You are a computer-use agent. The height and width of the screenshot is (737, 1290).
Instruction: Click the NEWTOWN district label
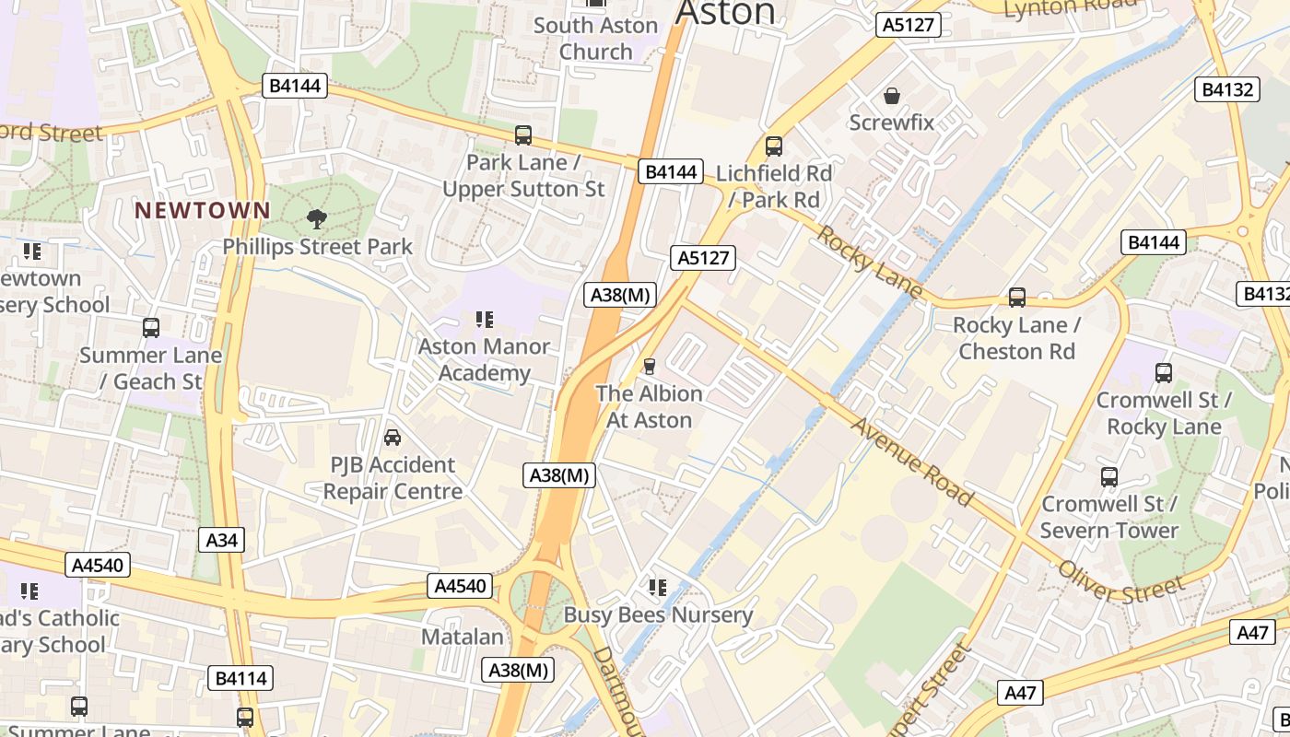pyautogui.click(x=203, y=210)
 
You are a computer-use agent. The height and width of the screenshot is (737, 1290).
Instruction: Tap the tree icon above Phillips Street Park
pyautogui.click(x=317, y=219)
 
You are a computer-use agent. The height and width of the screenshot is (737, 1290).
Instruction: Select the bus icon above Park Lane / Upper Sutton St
pyautogui.click(x=523, y=135)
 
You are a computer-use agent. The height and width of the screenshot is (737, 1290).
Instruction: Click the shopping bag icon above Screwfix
pyautogui.click(x=892, y=95)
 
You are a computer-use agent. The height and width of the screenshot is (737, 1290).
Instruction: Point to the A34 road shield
pyautogui.click(x=221, y=540)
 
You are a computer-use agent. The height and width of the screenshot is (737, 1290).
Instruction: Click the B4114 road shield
pyautogui.click(x=240, y=679)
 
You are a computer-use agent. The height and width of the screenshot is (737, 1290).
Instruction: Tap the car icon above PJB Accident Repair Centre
pyautogui.click(x=393, y=438)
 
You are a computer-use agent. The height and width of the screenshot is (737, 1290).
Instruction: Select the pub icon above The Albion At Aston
pyautogui.click(x=649, y=367)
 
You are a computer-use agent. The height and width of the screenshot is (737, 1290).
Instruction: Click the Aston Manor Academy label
pyautogui.click(x=485, y=359)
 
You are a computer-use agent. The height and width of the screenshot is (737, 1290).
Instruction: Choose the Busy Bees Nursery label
pyautogui.click(x=658, y=614)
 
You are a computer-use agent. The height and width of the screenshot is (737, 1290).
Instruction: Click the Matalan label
pyautogui.click(x=463, y=637)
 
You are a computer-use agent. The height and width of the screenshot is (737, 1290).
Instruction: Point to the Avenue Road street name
pyautogui.click(x=911, y=461)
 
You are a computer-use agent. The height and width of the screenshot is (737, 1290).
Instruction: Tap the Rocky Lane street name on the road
pyautogui.click(x=869, y=262)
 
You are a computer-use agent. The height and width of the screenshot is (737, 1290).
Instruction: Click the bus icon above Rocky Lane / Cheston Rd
pyautogui.click(x=1017, y=298)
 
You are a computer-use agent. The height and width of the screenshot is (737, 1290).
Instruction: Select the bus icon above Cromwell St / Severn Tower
pyautogui.click(x=1109, y=477)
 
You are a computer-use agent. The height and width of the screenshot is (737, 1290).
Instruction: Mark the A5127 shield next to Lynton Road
pyautogui.click(x=909, y=25)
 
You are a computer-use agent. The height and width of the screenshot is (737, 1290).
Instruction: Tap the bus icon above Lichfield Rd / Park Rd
pyautogui.click(x=774, y=146)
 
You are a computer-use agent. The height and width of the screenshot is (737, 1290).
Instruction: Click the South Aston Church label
pyautogui.click(x=596, y=38)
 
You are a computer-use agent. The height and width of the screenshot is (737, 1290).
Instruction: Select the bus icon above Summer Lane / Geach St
pyautogui.click(x=151, y=328)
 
